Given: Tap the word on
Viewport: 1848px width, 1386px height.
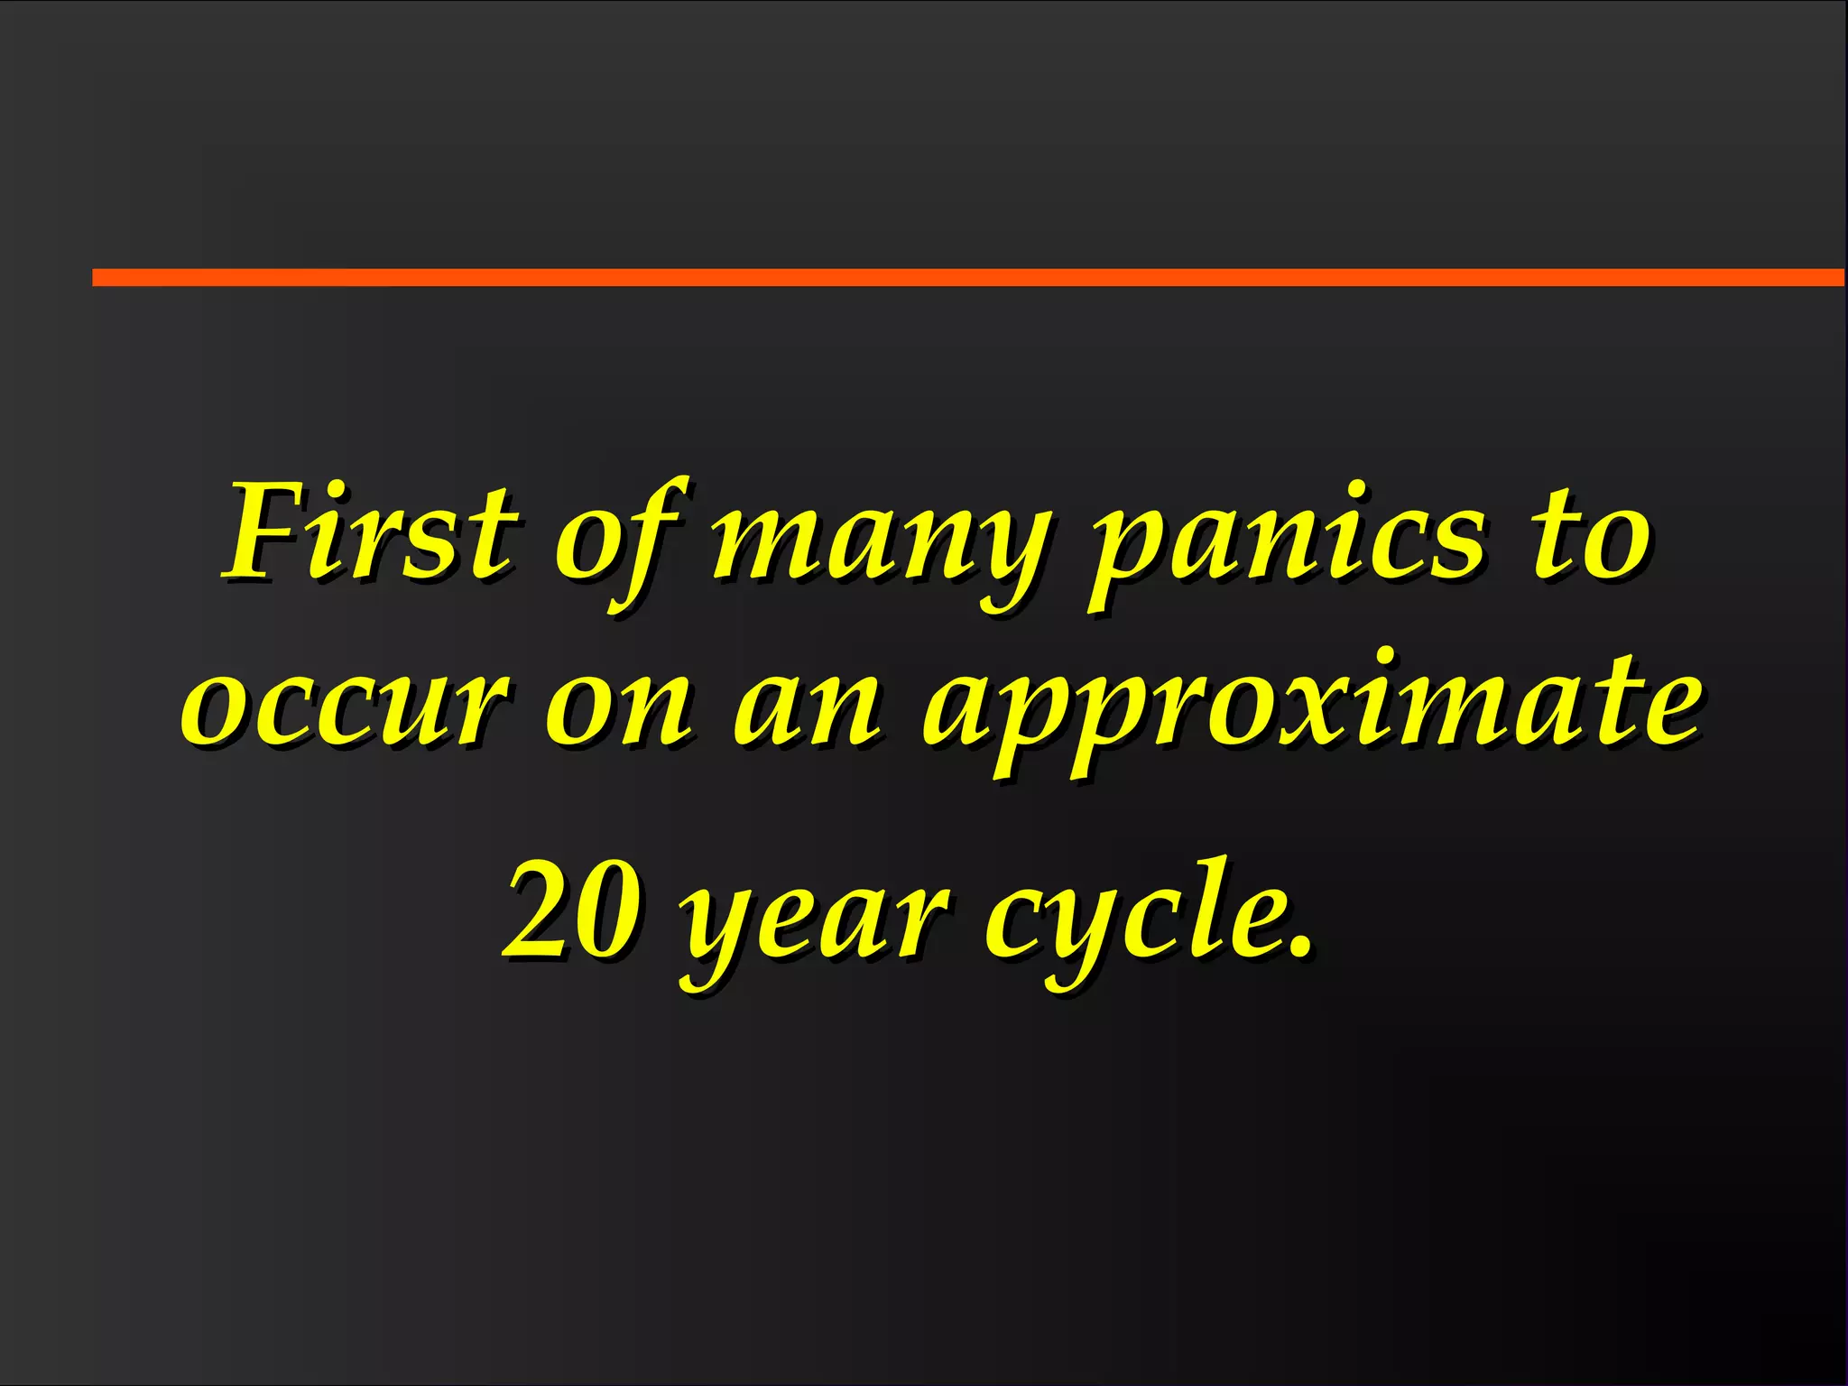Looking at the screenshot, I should click(x=619, y=709).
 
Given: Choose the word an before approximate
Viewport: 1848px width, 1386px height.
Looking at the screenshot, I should click(x=807, y=709).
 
